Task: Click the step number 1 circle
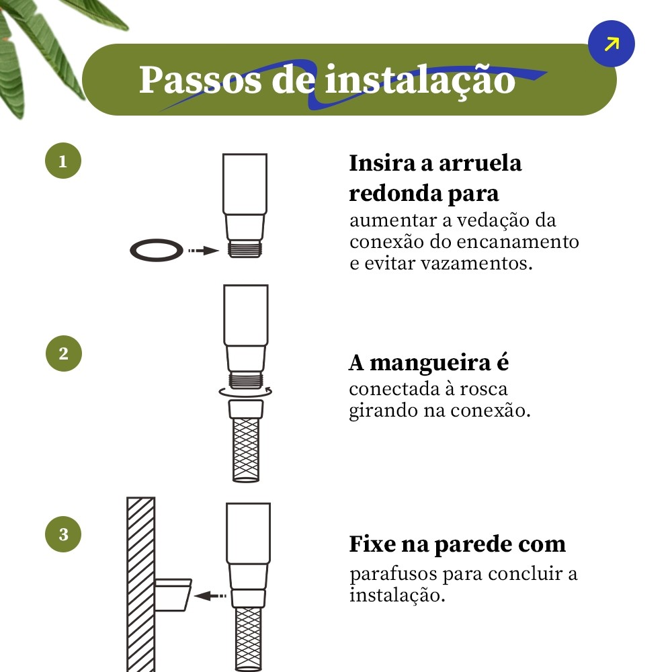[63, 161]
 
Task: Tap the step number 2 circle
[63, 353]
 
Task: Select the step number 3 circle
[63, 534]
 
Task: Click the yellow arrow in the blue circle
[612, 44]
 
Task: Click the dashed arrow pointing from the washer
[204, 251]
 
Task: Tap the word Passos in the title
[200, 80]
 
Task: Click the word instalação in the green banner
[420, 81]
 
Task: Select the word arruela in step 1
[480, 163]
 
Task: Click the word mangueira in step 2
[430, 364]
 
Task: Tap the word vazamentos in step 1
[477, 263]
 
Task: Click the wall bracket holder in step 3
[173, 595]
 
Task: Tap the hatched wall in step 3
[141, 585]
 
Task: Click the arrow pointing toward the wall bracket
[210, 595]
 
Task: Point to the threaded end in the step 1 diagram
[245, 249]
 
